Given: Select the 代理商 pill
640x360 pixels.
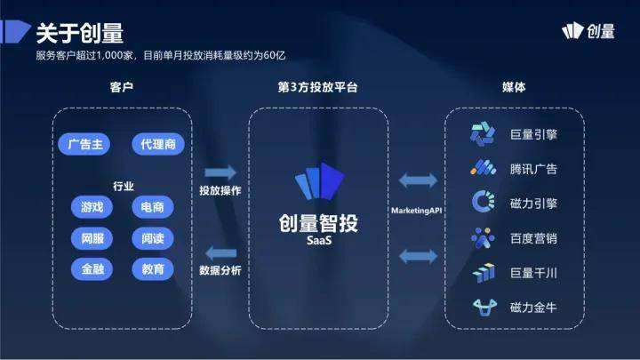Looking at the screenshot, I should pyautogui.click(x=157, y=144).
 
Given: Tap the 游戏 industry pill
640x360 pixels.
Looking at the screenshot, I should pyautogui.click(x=92, y=207).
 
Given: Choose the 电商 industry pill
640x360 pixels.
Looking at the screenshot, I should pyautogui.click(x=151, y=207).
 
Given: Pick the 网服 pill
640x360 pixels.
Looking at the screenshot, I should pyautogui.click(x=92, y=238).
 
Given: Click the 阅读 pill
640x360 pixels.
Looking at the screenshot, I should pyautogui.click(x=151, y=238).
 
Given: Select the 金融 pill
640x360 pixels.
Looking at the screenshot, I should pyautogui.click(x=92, y=268).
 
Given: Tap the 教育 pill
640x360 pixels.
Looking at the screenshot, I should pyautogui.click(x=151, y=268).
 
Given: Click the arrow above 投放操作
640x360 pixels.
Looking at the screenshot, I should pyautogui.click(x=220, y=172).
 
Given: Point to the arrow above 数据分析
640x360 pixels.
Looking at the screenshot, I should pyautogui.click(x=220, y=252).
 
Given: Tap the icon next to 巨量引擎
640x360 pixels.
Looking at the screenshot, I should pyautogui.click(x=483, y=134).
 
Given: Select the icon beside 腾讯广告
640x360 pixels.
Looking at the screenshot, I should pyautogui.click(x=483, y=168).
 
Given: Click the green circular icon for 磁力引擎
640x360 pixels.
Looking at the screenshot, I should pyautogui.click(x=483, y=202).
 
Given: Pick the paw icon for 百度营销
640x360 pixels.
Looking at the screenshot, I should pyautogui.click(x=483, y=237).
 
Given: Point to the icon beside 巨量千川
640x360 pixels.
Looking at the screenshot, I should pyautogui.click(x=483, y=273).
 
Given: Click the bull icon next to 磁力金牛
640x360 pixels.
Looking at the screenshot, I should pyautogui.click(x=483, y=308).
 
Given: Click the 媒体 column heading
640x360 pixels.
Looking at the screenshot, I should pyautogui.click(x=514, y=87).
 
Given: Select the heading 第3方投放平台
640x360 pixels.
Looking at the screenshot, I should pyautogui.click(x=318, y=87).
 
